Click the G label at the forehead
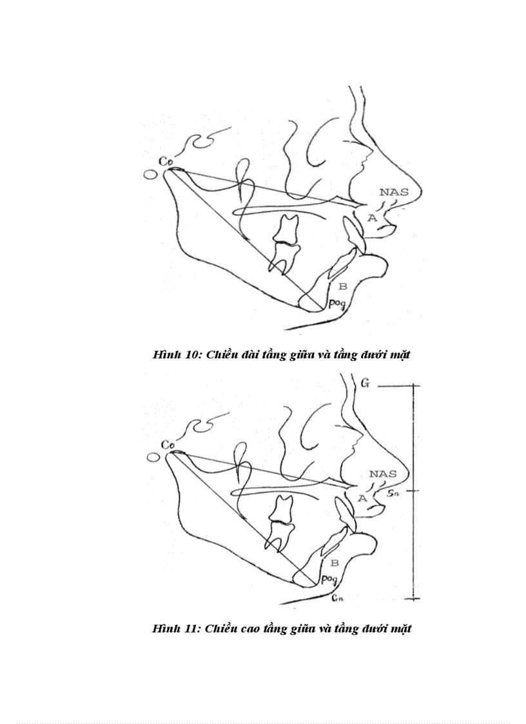tap(365, 384)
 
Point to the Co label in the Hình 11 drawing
tap(168, 445)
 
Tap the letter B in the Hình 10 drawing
tap(343, 286)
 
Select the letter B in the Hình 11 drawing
tap(335, 562)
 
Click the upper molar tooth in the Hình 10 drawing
tap(287, 228)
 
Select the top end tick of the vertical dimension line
tap(407, 386)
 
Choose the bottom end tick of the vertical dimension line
tap(407, 598)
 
